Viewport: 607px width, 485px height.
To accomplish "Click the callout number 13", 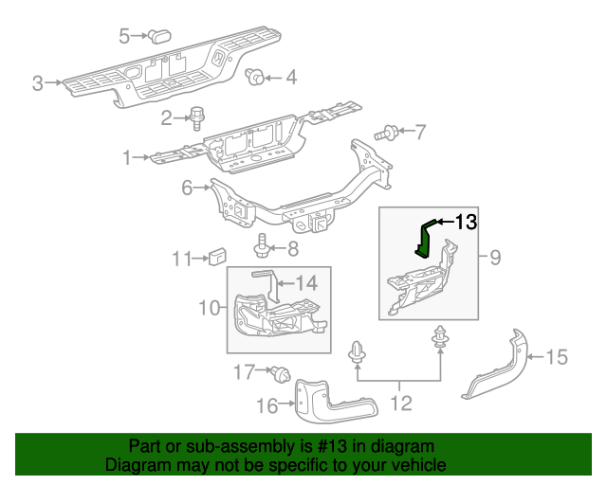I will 464,223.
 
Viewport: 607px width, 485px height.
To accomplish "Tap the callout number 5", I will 124,36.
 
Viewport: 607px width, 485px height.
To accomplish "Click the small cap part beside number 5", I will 156,36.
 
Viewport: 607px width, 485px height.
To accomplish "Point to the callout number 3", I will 38,83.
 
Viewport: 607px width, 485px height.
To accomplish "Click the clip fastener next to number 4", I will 253,78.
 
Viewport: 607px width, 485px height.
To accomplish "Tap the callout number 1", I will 128,157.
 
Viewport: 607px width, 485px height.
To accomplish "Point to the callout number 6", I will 188,189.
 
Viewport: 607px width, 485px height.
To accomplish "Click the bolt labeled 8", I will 263,249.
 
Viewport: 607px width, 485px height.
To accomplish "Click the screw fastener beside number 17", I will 280,373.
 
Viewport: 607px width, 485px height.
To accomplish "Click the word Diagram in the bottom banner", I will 133,465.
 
